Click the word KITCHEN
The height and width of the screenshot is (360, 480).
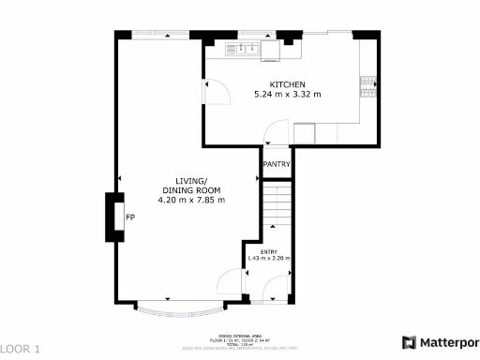click(288, 84)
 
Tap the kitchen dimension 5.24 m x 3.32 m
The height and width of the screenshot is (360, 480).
click(288, 95)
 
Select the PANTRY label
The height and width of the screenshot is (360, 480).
click(277, 165)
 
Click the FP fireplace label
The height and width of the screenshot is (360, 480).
click(130, 217)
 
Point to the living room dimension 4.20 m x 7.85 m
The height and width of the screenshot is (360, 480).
click(191, 200)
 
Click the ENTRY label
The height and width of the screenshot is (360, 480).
click(268, 250)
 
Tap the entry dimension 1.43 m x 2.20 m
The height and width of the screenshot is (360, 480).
click(268, 258)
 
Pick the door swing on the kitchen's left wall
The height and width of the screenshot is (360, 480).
click(215, 89)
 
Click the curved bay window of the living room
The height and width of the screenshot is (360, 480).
click(179, 307)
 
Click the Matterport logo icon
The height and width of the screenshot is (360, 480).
click(410, 342)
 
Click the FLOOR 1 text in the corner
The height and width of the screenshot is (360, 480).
click(21, 349)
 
